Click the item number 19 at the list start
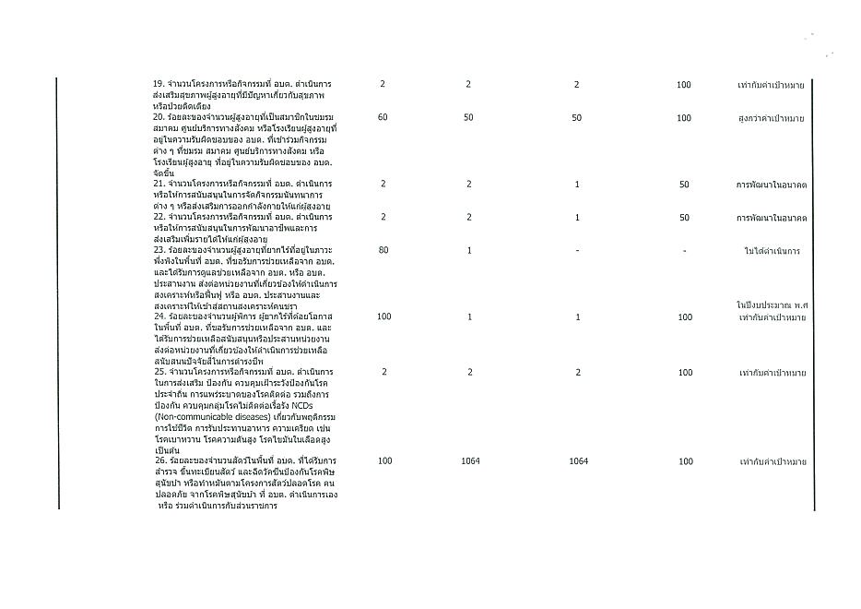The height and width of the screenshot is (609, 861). (159, 85)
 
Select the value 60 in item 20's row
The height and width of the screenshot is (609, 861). (383, 118)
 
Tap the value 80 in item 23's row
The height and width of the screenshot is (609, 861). (383, 251)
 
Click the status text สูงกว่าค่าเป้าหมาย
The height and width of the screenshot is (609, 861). (772, 118)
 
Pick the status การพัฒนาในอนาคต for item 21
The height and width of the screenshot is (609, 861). (772, 185)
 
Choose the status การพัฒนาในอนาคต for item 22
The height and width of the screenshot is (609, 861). (772, 218)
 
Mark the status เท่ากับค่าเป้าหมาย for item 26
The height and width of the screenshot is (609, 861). (772, 461)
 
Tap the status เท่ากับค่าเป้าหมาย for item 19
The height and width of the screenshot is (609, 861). (772, 85)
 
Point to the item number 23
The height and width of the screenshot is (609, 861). (159, 250)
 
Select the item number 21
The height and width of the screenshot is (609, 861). (159, 184)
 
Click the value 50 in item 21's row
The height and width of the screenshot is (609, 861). (684, 185)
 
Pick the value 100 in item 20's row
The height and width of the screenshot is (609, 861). (684, 118)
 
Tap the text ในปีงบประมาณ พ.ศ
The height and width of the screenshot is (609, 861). (772, 304)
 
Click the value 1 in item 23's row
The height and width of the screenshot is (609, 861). (468, 251)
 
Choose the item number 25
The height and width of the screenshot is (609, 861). (159, 372)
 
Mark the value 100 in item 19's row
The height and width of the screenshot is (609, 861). (684, 85)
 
